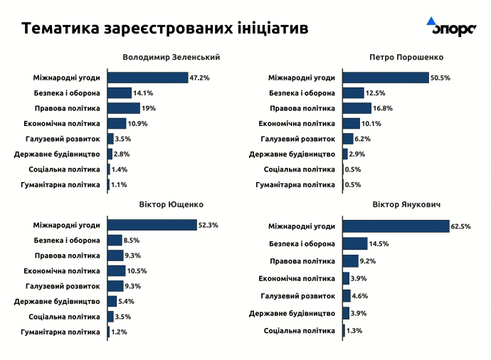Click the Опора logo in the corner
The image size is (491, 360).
(450, 28)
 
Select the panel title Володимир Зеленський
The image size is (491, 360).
(171, 57)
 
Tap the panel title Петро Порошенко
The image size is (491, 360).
(406, 57)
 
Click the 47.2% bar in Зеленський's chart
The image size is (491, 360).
(148, 77)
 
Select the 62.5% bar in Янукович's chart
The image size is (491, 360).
(396, 226)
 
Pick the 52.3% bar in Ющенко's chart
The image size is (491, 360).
(152, 225)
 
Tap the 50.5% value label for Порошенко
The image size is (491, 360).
(440, 77)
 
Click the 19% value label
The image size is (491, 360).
(149, 108)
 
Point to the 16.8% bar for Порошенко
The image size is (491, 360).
(357, 108)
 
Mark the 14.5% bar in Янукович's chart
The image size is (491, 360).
(354, 244)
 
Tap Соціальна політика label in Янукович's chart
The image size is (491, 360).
(299, 330)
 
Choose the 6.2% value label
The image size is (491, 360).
(363, 139)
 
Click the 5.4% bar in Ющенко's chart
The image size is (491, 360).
(112, 301)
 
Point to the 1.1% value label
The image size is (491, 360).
(119, 185)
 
